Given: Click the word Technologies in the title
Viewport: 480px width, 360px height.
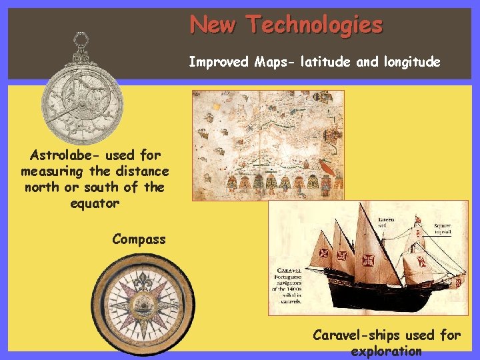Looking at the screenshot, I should pyautogui.click(x=315, y=25).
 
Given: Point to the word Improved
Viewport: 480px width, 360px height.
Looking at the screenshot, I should pyautogui.click(x=219, y=63).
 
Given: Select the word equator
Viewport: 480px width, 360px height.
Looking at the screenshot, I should pyautogui.click(x=94, y=203).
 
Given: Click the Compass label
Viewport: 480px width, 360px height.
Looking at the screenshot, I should pyautogui.click(x=139, y=239).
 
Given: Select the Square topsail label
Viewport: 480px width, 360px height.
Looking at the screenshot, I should pyautogui.click(x=441, y=229).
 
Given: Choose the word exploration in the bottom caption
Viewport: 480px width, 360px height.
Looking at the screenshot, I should pyautogui.click(x=386, y=351).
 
